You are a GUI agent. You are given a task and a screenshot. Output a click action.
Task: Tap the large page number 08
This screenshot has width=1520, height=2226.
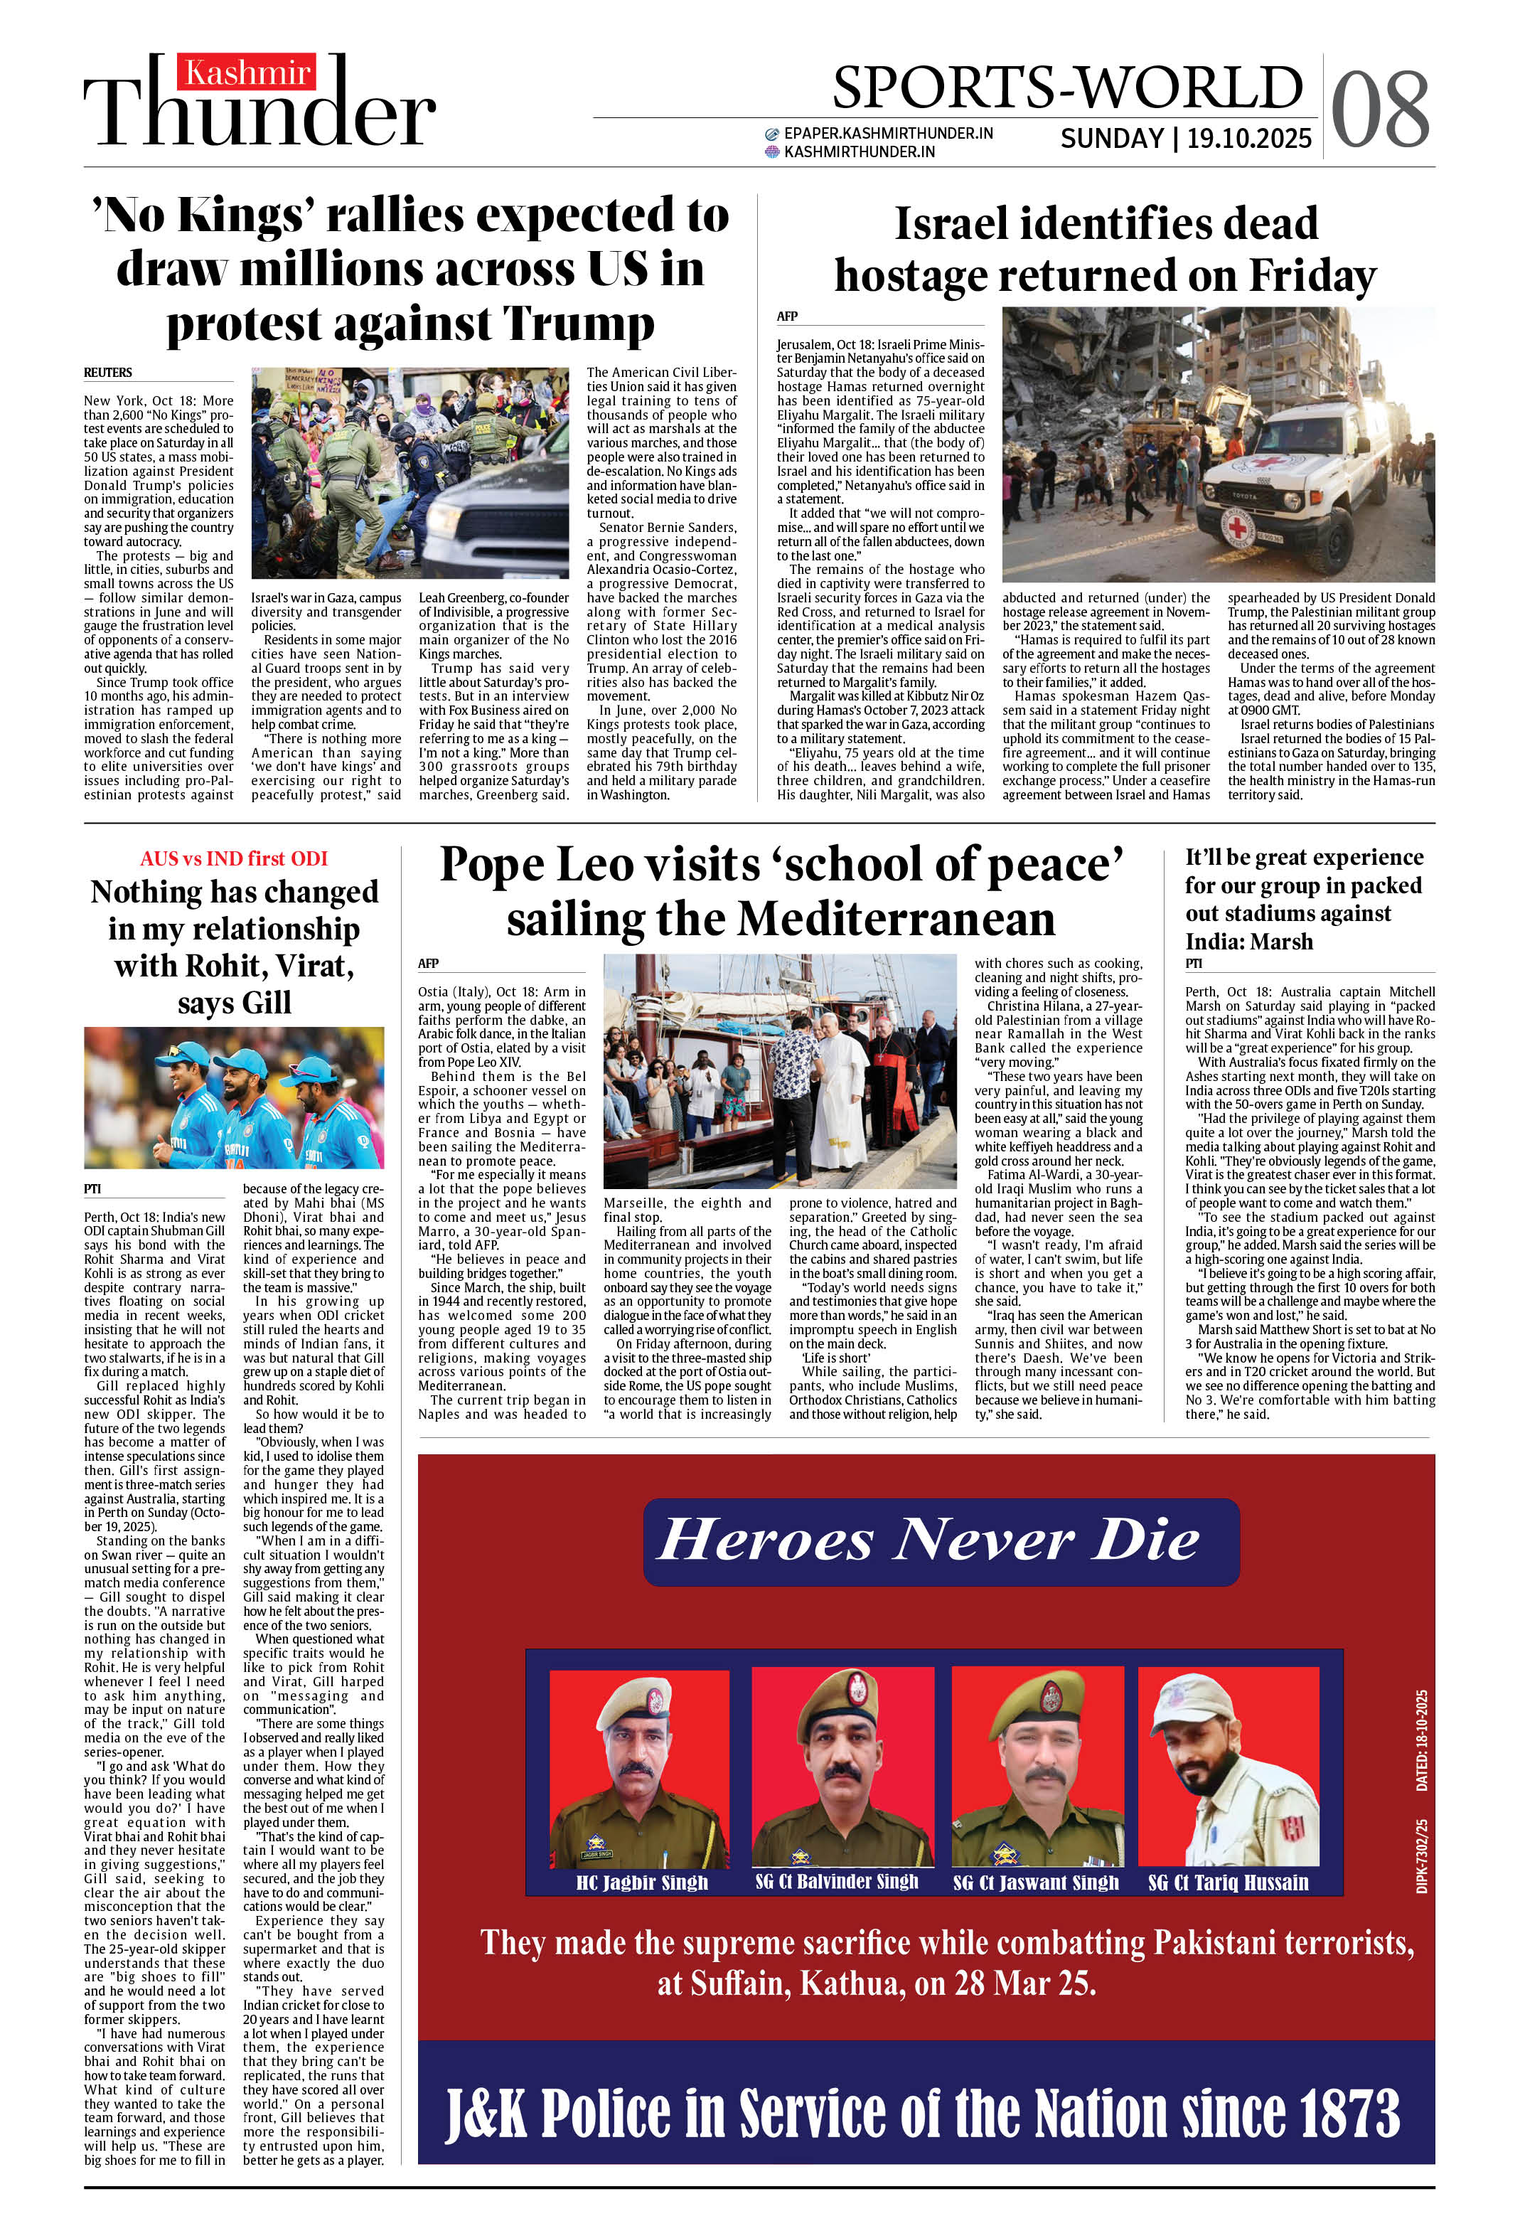coord(1379,110)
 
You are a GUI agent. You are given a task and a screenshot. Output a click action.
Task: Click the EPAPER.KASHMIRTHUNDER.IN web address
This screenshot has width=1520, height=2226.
coord(887,133)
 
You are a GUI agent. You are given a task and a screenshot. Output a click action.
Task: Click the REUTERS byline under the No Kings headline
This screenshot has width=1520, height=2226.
coord(107,373)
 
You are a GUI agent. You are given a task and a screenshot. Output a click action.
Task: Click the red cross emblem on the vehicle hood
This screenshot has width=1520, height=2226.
coord(1238,527)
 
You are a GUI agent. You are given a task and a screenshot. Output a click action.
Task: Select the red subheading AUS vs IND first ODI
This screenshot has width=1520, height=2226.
coord(234,858)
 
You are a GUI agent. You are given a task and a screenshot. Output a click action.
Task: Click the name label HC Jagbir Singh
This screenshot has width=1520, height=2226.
coord(642,1882)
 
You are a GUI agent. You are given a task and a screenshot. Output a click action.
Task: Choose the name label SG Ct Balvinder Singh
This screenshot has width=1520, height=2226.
coord(836,1881)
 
